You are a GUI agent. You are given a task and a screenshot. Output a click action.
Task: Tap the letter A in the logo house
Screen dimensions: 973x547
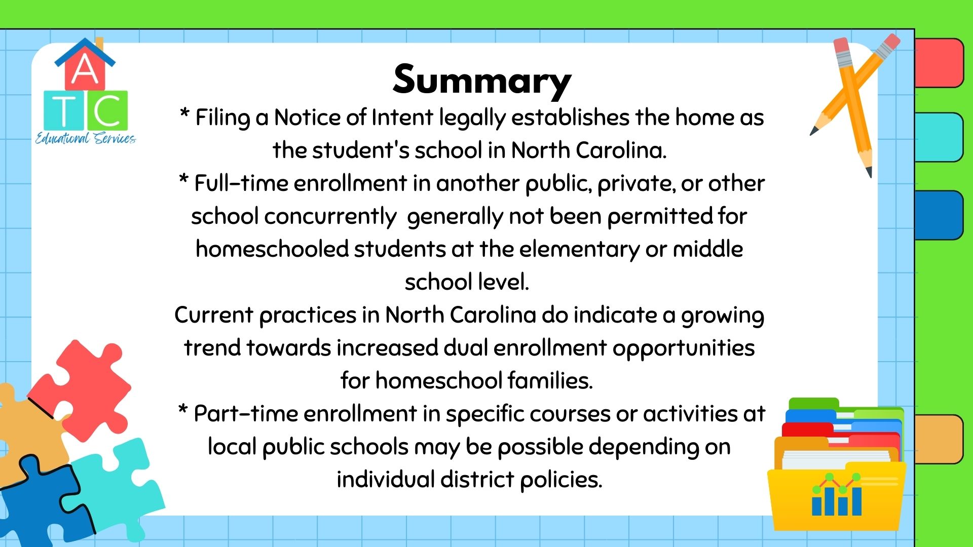(x=85, y=69)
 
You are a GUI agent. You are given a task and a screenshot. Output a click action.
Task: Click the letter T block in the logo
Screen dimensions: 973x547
(x=64, y=110)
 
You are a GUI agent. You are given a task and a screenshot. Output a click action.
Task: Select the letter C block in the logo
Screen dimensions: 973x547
(x=107, y=110)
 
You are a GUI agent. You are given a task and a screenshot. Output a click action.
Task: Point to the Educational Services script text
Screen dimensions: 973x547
(x=85, y=138)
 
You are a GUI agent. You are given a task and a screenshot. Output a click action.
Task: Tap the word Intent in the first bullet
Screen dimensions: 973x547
(x=402, y=118)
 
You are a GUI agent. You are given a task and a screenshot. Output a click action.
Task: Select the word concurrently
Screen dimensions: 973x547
(x=330, y=217)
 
